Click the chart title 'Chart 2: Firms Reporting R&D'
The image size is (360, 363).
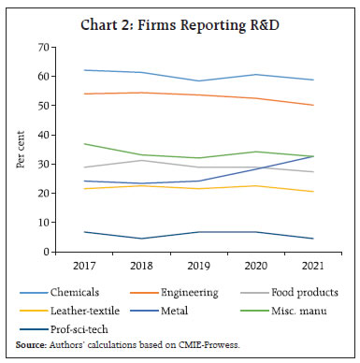pyautogui.click(x=180, y=23)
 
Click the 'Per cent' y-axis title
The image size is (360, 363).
pyautogui.click(x=21, y=150)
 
